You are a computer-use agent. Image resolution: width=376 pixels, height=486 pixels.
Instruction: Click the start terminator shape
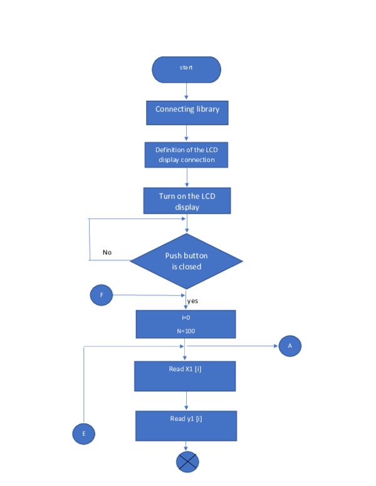click(186, 70)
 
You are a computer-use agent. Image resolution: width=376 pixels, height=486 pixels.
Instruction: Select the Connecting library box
click(187, 112)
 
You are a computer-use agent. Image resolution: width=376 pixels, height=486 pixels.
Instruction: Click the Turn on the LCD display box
click(187, 201)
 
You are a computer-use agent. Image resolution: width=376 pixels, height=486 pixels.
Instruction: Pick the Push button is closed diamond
click(186, 261)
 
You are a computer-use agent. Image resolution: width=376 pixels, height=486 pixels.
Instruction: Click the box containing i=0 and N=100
click(185, 324)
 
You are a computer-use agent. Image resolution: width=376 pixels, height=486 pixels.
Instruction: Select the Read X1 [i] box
click(185, 376)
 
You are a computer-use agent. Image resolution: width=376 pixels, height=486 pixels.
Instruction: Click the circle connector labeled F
click(101, 295)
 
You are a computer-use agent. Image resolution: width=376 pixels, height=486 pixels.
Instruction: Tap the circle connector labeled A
click(290, 346)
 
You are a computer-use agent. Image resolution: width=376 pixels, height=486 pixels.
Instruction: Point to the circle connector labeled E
click(84, 433)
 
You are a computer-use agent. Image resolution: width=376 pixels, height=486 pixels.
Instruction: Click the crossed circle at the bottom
click(187, 462)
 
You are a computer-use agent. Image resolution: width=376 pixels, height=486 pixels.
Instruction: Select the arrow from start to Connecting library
click(186, 91)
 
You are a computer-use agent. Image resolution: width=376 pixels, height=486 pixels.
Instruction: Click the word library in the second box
click(206, 110)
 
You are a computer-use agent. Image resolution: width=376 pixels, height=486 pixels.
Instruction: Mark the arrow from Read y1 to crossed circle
click(186, 446)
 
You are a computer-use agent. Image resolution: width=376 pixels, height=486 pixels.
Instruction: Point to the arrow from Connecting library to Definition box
click(186, 133)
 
